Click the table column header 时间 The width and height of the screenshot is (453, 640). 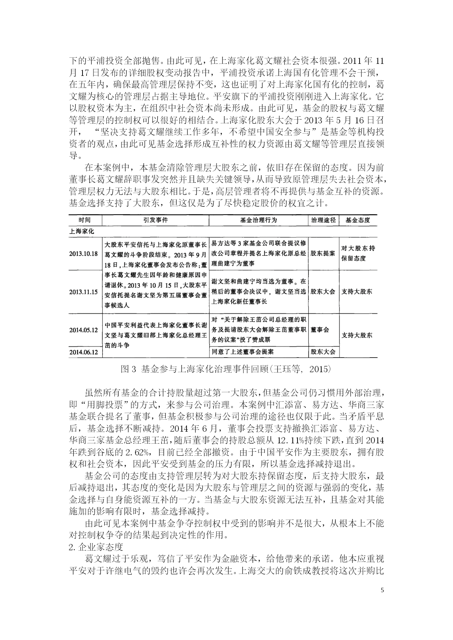(85, 220)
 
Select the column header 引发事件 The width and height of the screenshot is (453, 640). (155, 220)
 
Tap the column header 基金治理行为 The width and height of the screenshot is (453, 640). (258, 220)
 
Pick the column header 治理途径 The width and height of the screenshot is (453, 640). (323, 220)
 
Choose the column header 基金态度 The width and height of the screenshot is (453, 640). (357, 220)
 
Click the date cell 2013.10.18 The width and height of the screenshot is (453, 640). (84, 254)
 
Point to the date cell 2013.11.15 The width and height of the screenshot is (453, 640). (84, 292)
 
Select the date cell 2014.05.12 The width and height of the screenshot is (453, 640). (84, 330)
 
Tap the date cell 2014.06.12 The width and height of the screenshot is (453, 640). (84, 352)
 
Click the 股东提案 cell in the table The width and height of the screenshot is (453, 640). (323, 254)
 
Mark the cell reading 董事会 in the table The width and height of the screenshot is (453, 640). (320, 330)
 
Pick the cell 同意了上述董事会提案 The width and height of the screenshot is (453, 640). (243, 352)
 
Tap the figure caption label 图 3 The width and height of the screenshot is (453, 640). (128, 369)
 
